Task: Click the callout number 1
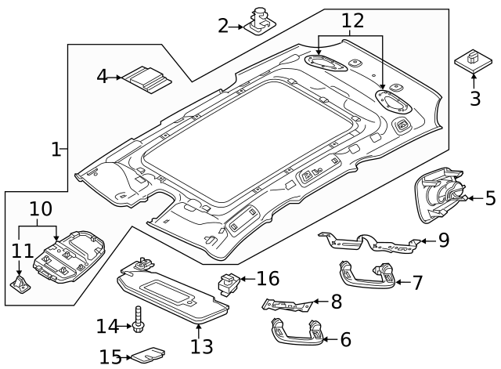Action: click(x=56, y=149)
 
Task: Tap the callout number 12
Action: click(x=351, y=21)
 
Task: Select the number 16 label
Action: click(x=267, y=279)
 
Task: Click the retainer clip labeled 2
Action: click(x=261, y=23)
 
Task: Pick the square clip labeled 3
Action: click(x=471, y=60)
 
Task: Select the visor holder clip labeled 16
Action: click(x=228, y=281)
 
